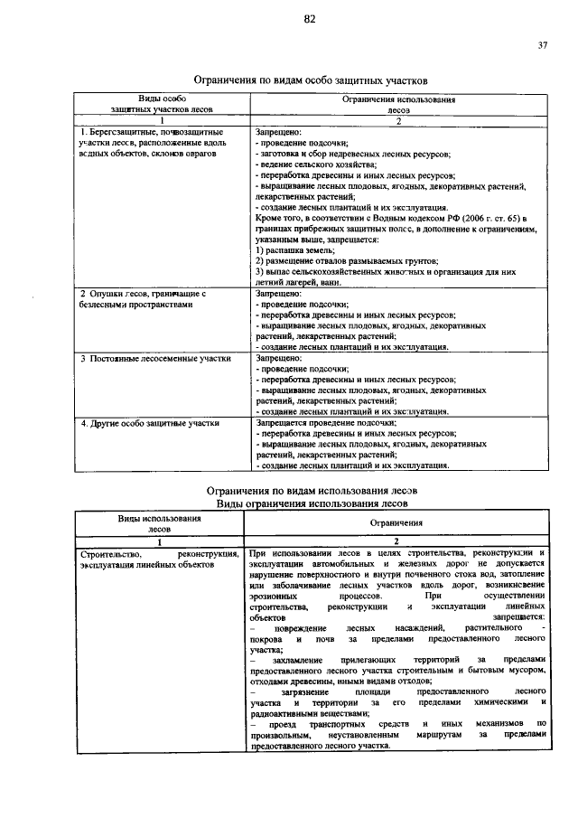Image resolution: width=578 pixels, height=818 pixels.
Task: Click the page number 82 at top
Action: pos(309,18)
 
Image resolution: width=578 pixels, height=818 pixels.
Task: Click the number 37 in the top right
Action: pos(543,45)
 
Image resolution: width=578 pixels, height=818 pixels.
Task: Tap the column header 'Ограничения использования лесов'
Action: pos(397,101)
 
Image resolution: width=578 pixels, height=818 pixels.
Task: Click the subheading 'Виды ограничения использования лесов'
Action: pos(312,503)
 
